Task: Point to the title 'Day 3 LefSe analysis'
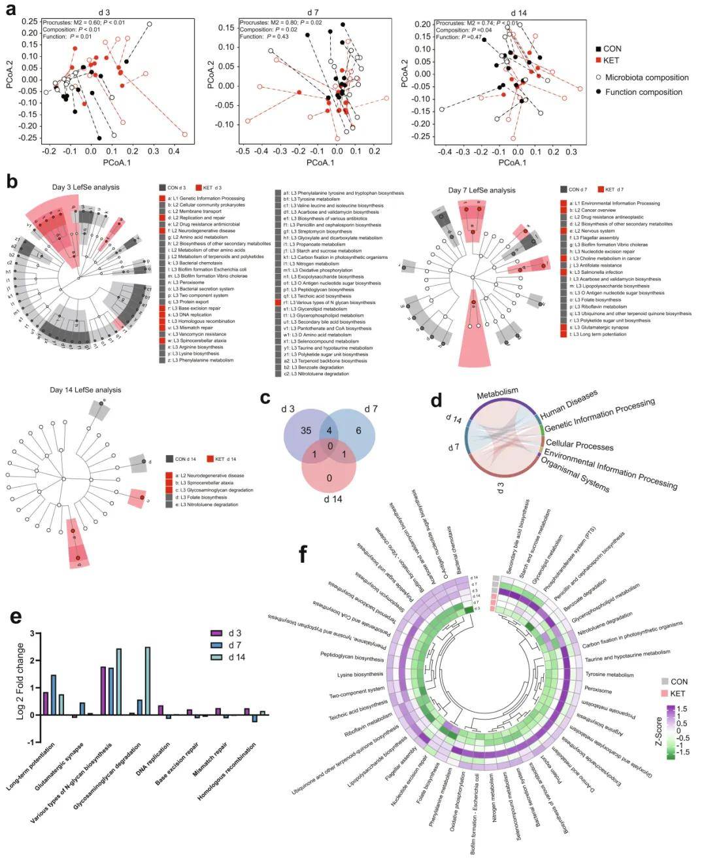point(86,187)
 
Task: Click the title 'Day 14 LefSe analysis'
point(85,390)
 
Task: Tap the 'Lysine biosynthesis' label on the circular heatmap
point(360,674)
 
